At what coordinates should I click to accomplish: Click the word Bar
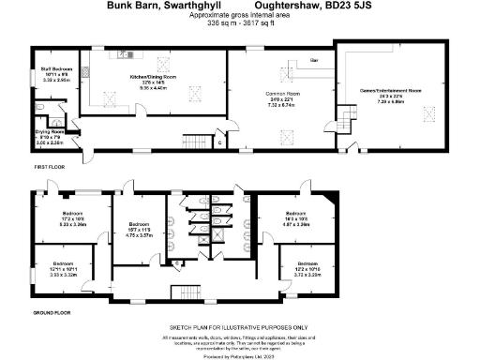click(314, 60)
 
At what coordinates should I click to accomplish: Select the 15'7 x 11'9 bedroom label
click(140, 232)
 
